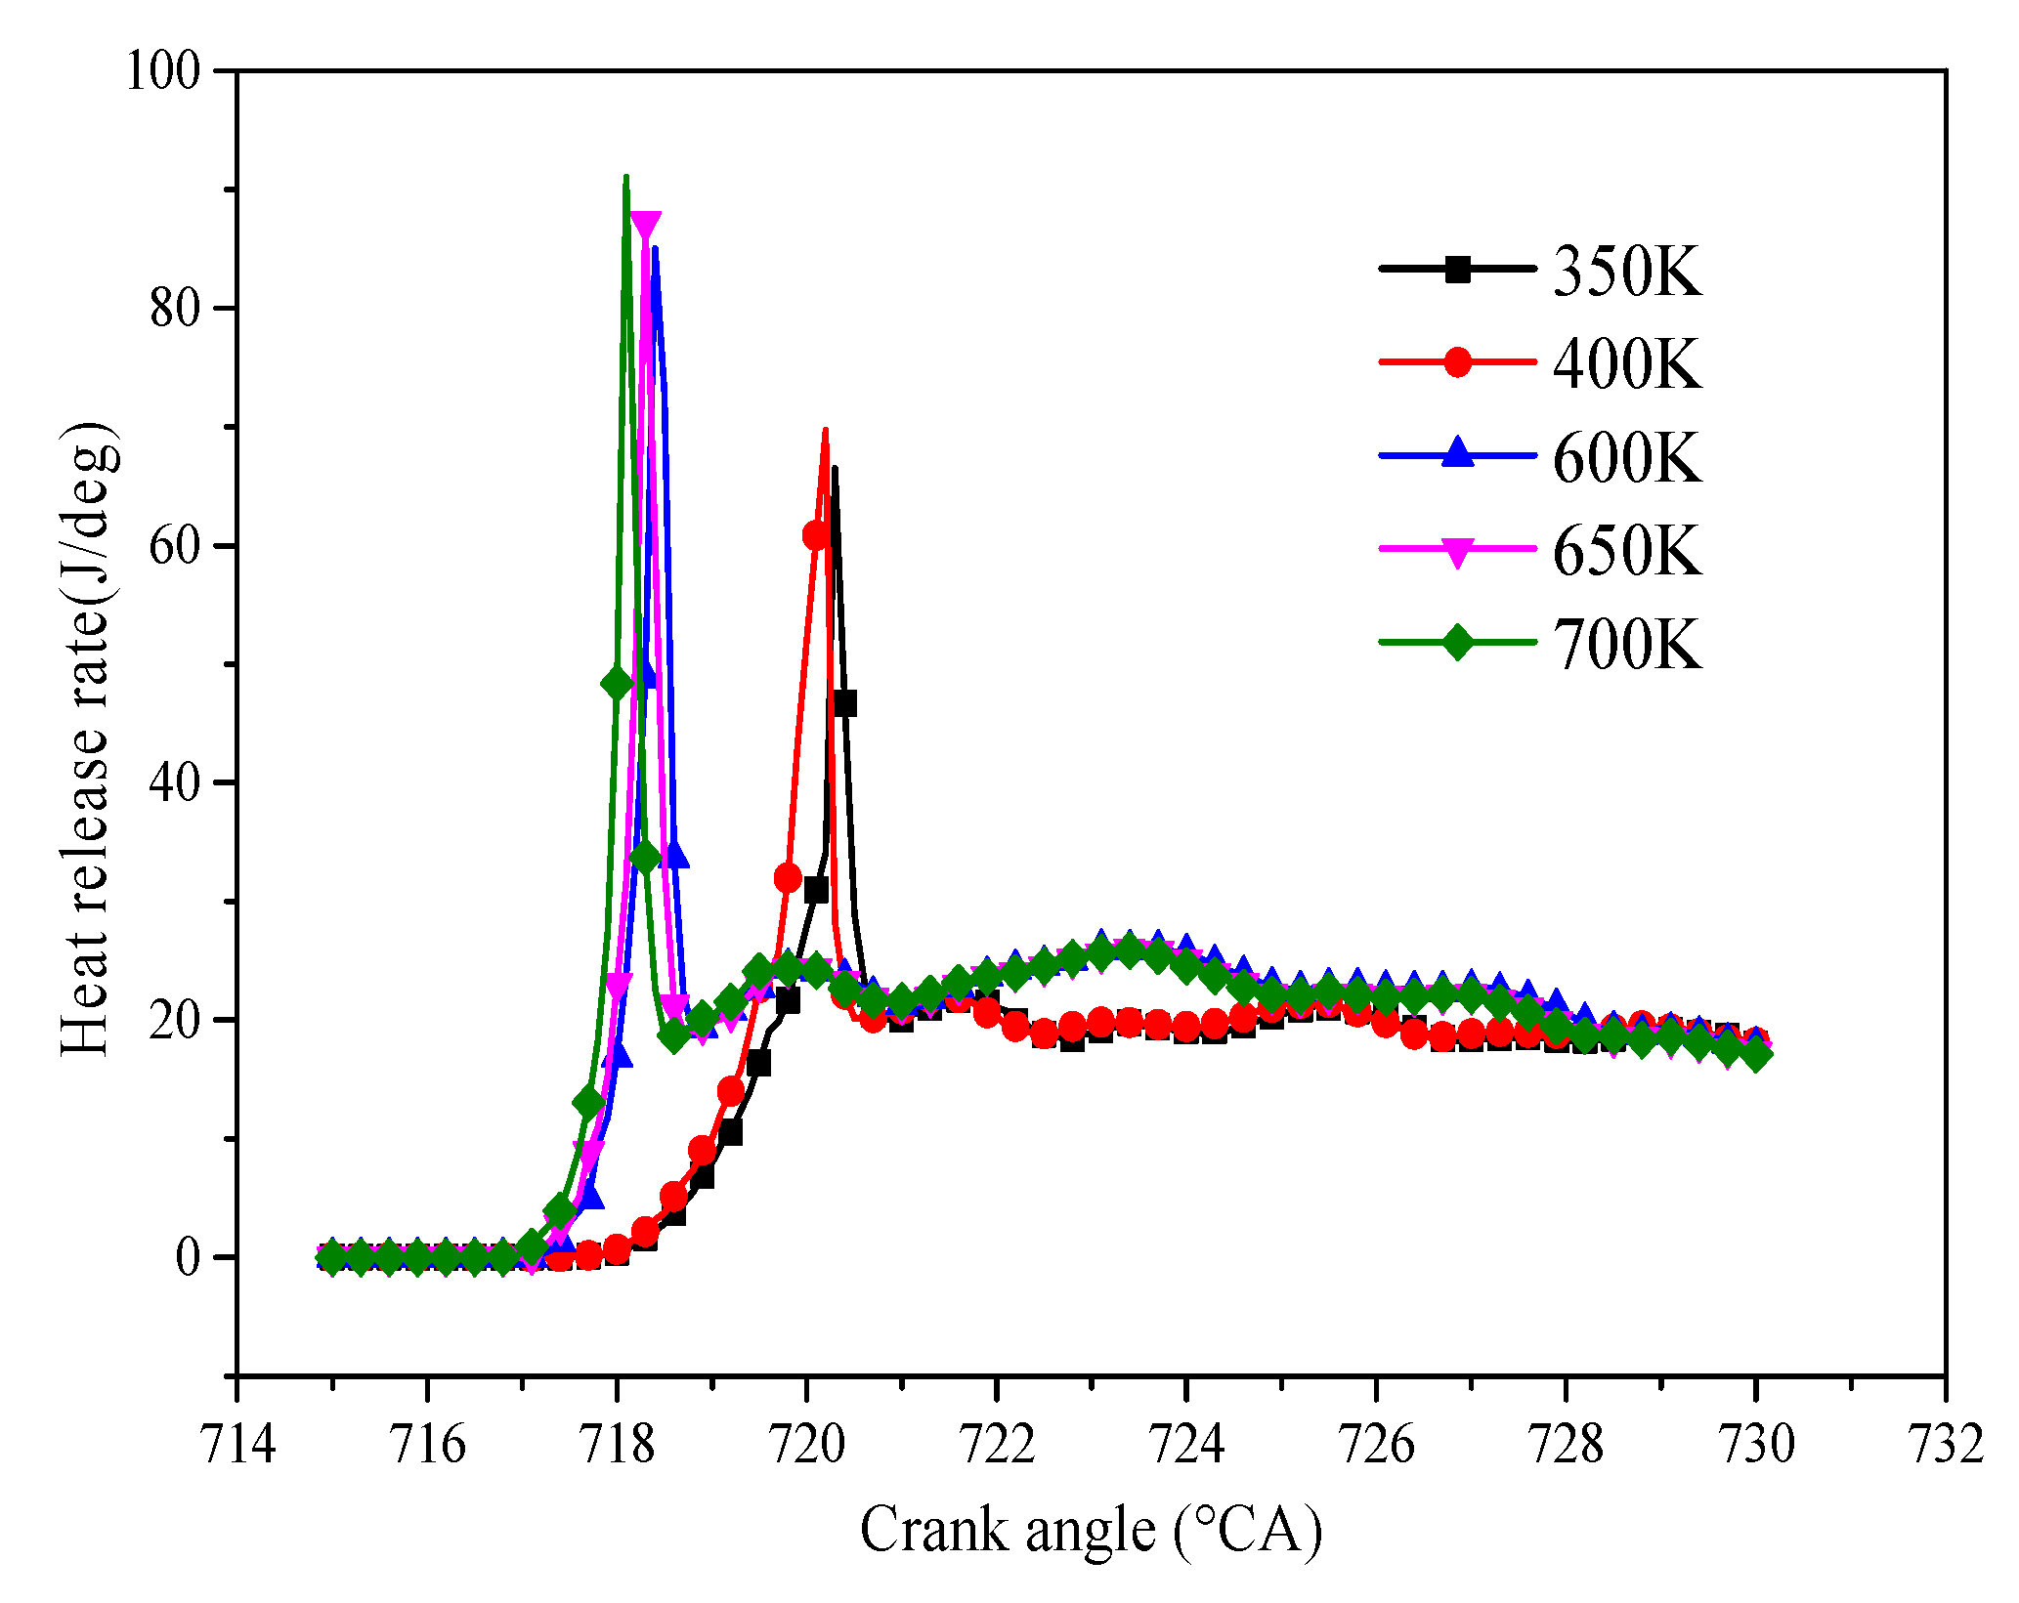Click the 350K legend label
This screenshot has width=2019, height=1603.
1627,271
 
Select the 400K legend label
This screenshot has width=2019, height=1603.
1627,364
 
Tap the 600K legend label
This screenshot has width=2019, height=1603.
1627,458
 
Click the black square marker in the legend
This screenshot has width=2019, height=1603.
1457,269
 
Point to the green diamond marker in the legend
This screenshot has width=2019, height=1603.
1457,643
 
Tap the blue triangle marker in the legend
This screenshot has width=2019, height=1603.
1457,453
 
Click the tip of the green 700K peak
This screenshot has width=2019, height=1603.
625,177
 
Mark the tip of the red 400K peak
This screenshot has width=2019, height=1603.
826,430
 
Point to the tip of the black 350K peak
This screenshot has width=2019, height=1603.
834,468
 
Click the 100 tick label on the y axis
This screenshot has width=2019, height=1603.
162,72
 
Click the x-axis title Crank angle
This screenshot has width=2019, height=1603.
1091,1531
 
